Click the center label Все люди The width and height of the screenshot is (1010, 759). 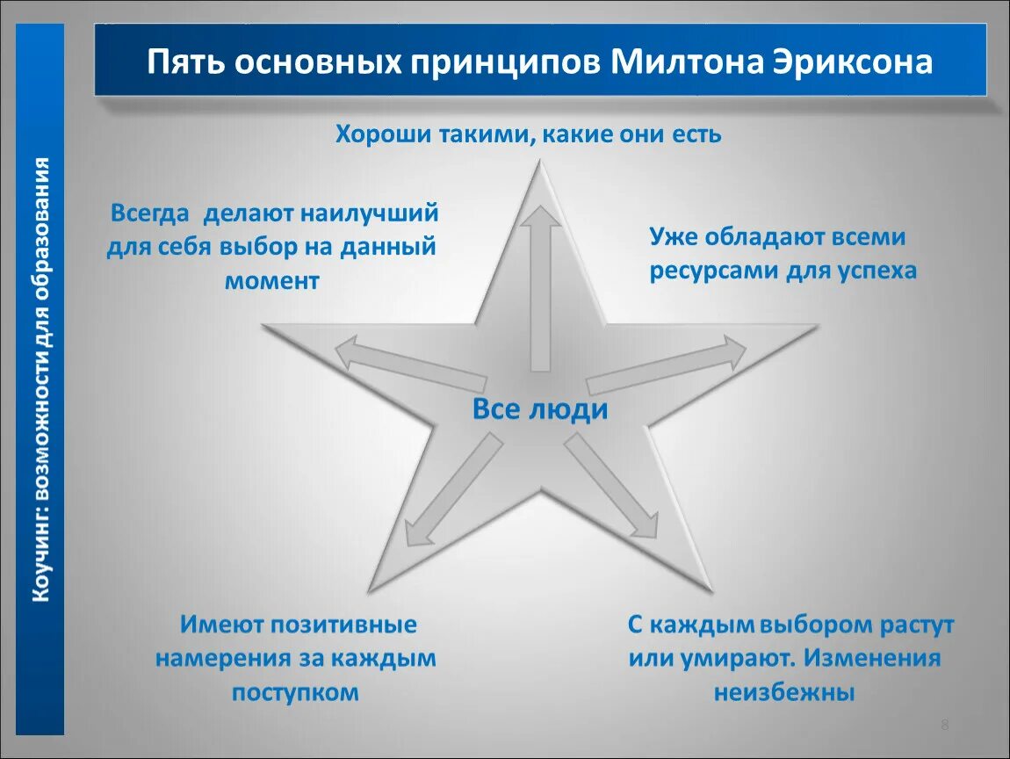[540, 409]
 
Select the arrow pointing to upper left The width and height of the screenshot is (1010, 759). [410, 365]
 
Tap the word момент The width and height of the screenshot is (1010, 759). [271, 280]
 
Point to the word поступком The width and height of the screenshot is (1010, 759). [296, 691]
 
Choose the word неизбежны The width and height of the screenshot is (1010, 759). [783, 692]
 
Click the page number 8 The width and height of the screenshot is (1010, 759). [944, 725]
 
